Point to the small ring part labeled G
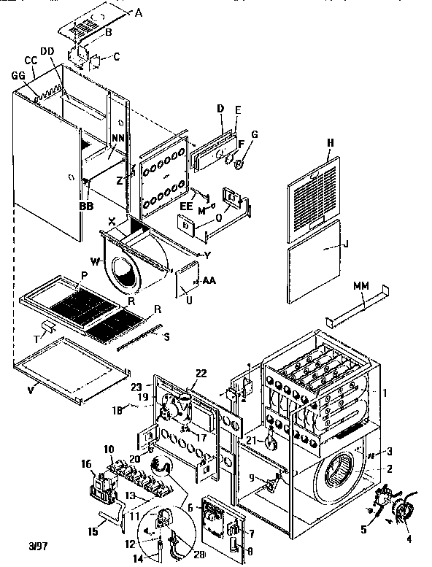[x=242, y=156]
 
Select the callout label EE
[x=185, y=207]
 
